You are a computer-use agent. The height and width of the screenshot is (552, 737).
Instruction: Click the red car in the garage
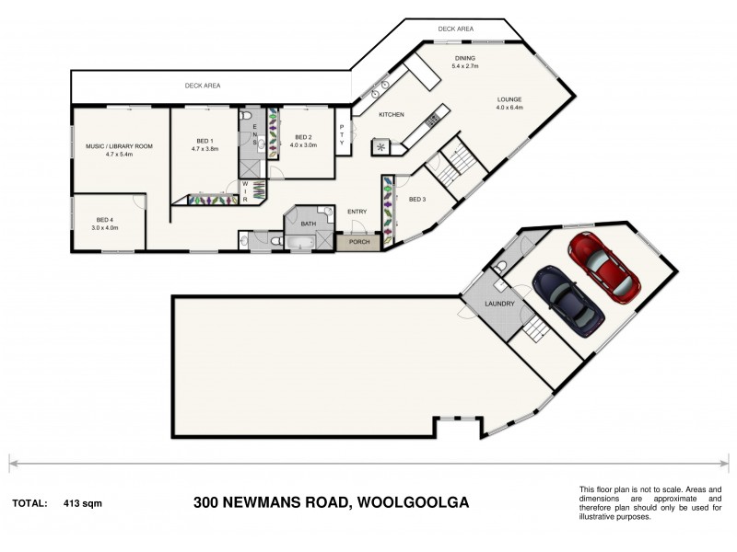(x=605, y=267)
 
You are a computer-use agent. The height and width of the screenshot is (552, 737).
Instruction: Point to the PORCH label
(x=358, y=243)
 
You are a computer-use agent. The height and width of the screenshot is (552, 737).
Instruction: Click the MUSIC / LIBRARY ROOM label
(x=120, y=146)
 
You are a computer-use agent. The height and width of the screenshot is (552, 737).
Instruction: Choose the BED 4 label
(x=105, y=220)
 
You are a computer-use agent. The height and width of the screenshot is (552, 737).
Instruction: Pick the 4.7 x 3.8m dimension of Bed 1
(x=205, y=149)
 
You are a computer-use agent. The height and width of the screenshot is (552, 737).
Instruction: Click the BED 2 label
(x=303, y=137)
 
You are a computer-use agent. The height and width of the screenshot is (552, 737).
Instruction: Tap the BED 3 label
(x=417, y=200)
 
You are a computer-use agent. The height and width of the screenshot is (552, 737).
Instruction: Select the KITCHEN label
(x=392, y=113)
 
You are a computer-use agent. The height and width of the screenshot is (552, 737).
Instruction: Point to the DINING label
(x=463, y=57)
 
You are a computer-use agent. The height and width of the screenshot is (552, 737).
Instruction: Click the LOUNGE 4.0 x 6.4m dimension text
(x=509, y=108)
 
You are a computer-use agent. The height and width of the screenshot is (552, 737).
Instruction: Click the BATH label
(x=308, y=223)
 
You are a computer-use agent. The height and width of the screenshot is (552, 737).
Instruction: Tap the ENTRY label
(x=357, y=212)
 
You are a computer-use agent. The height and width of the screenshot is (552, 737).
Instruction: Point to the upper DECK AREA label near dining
(x=456, y=29)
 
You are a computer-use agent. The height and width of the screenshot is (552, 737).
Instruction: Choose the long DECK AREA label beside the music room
(x=203, y=86)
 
